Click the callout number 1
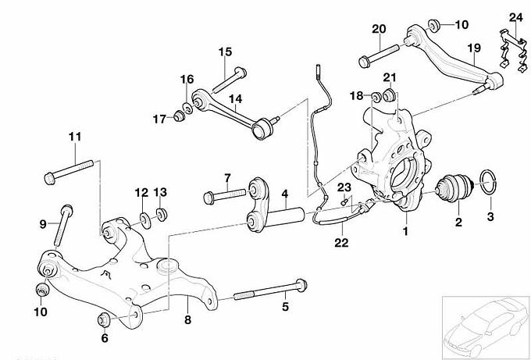405,231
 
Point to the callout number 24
515,16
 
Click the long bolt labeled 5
266,292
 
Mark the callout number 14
235,99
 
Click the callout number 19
474,48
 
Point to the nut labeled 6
102,320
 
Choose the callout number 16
187,79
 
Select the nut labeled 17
179,117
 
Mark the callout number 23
344,187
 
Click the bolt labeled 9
61,225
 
